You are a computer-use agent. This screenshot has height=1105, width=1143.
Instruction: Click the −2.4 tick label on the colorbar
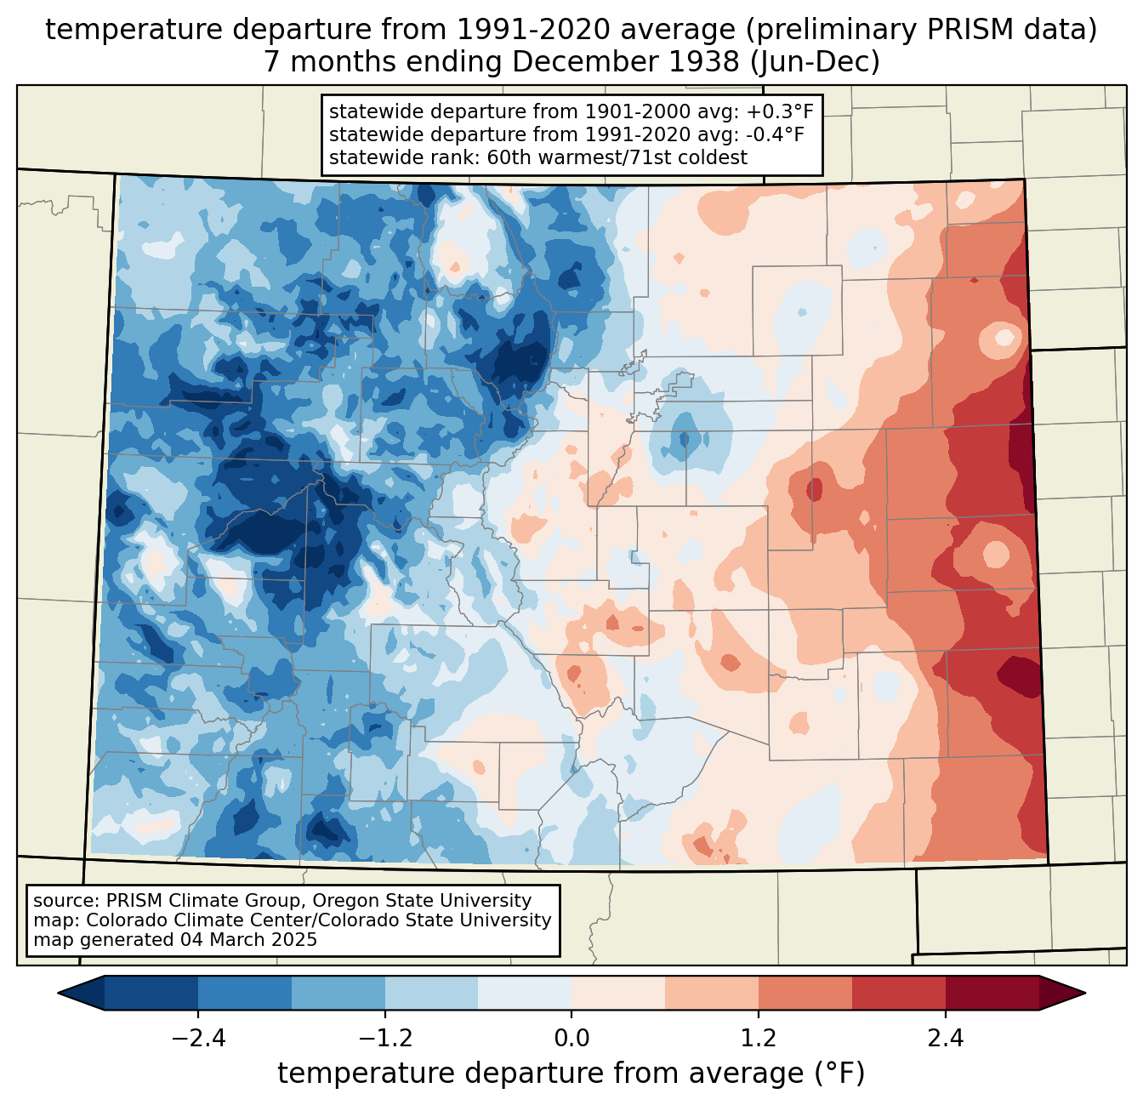197,1039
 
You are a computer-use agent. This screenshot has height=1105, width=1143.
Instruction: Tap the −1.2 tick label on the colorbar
384,1039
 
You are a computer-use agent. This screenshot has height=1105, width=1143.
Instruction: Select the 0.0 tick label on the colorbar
571,1039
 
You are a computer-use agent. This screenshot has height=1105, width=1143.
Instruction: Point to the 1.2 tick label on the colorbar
759,1039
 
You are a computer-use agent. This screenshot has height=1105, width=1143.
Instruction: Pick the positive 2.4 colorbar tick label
946,1039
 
